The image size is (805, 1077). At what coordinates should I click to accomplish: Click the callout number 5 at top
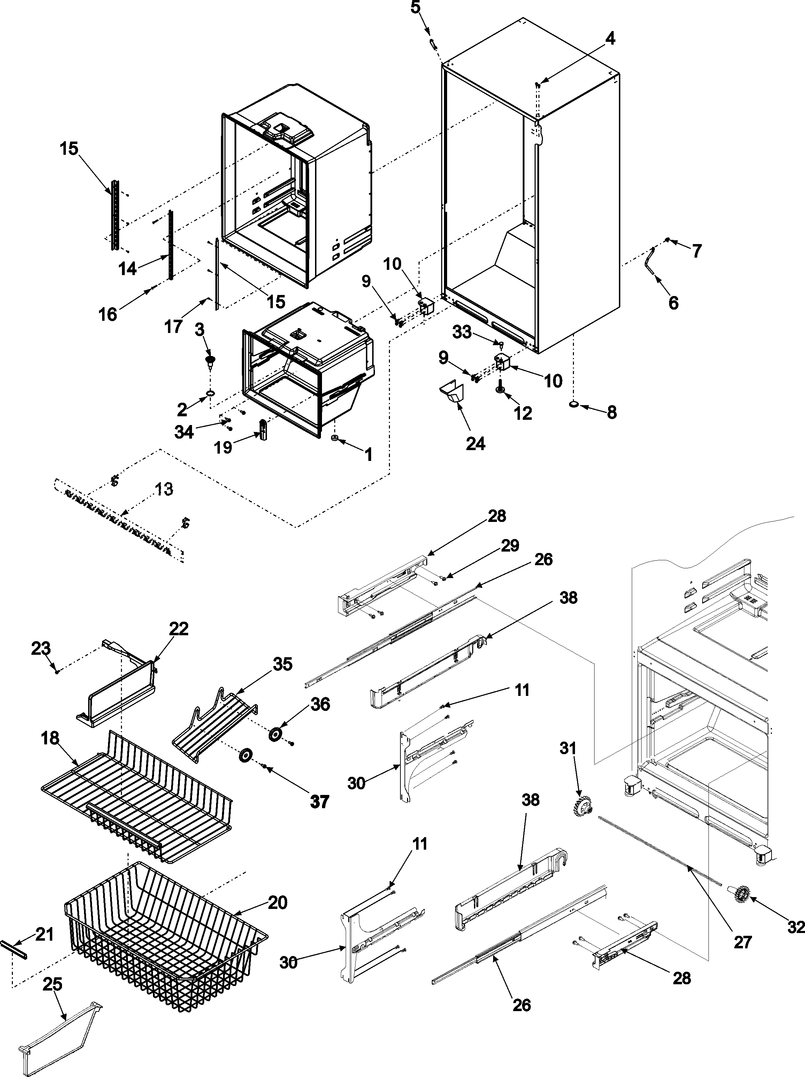(415, 8)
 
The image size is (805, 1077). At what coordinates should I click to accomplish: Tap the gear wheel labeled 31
(582, 809)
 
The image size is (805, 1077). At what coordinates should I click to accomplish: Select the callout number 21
(45, 934)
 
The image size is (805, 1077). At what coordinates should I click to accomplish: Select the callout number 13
(164, 489)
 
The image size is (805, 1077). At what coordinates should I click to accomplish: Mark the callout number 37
(320, 802)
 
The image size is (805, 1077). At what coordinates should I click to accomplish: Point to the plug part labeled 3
(210, 360)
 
